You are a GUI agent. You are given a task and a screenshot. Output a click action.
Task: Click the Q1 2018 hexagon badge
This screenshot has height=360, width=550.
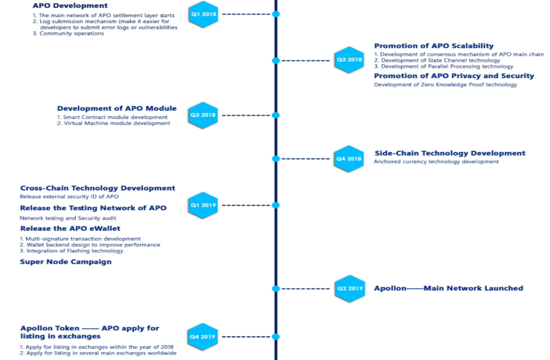[x=203, y=14]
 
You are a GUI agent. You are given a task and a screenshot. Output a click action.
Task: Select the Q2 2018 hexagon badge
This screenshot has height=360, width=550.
[x=350, y=60]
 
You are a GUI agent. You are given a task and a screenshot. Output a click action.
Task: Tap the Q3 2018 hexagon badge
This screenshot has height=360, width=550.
[x=203, y=115]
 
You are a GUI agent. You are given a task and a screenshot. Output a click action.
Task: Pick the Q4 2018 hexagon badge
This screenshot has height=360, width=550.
[x=349, y=159]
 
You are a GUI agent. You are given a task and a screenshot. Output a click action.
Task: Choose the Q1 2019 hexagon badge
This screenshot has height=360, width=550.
[x=203, y=205]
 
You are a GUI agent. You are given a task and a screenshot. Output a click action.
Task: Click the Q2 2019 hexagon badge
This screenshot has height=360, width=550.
[x=349, y=288]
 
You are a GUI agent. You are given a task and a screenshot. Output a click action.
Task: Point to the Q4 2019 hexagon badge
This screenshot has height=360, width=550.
[x=202, y=336]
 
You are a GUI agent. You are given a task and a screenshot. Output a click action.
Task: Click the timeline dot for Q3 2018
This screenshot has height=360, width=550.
[x=276, y=115]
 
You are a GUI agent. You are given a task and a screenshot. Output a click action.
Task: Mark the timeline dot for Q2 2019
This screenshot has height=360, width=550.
[x=276, y=288]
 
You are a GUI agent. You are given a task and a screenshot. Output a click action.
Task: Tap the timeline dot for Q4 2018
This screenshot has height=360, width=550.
[x=276, y=159]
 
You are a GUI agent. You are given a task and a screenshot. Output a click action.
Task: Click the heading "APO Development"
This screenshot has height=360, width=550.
[x=70, y=6]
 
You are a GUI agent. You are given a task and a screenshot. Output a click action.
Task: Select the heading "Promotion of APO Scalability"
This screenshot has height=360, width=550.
[x=434, y=46]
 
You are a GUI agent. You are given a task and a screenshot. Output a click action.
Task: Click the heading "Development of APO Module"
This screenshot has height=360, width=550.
[x=117, y=108]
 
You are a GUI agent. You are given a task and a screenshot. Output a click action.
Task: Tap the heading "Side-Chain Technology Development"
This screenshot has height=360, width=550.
[x=450, y=154]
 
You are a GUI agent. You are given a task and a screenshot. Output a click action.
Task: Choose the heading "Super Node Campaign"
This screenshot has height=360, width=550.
[x=65, y=262]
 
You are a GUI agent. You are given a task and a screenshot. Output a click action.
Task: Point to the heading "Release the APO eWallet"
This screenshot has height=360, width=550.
[x=70, y=228]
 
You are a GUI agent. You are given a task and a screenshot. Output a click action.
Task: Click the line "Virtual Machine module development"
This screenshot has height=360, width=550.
[x=117, y=123]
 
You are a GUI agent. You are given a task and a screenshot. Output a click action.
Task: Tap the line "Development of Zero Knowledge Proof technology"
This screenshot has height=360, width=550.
[x=446, y=85]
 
